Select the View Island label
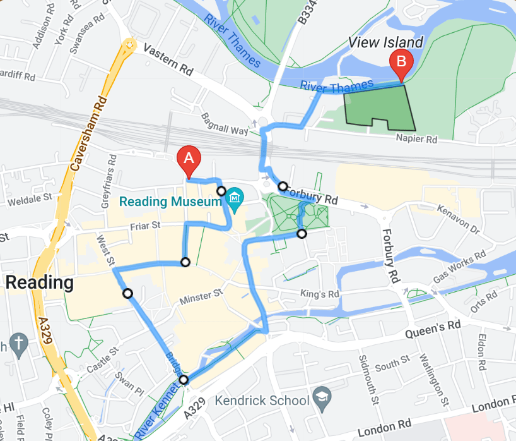coord(386,42)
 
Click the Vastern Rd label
coord(167,57)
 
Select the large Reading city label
coord(39,283)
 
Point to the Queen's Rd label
coord(434,327)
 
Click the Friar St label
coord(146,226)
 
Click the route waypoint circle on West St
coord(127,293)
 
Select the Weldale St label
coord(29,199)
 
